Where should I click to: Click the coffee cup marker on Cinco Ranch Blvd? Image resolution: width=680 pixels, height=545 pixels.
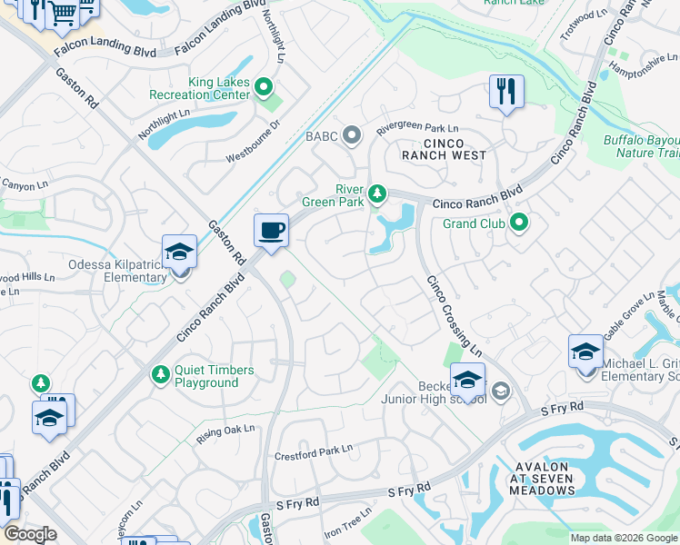270,231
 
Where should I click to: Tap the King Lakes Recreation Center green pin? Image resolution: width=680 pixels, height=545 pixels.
264,88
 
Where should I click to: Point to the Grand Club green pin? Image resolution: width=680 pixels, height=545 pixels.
519,223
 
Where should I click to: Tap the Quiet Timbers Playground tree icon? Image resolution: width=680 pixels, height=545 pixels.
161,374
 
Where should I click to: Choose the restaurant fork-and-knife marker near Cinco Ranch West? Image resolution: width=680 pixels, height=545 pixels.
506,92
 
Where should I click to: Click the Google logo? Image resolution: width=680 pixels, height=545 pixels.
30,534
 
